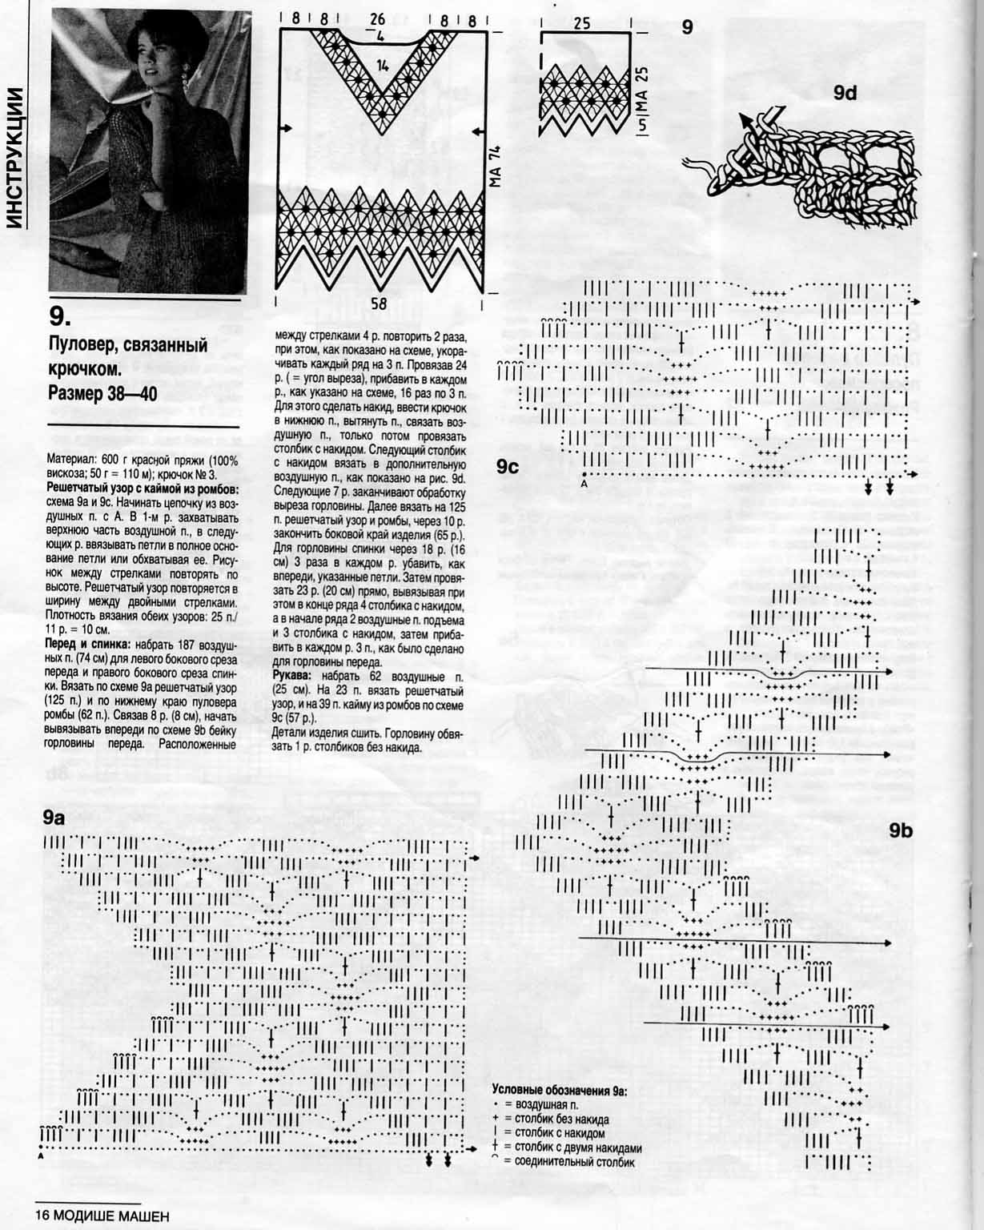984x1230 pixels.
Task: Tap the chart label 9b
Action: click(900, 830)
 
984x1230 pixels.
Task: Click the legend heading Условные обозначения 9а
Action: click(560, 1090)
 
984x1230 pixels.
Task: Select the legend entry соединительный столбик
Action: click(568, 1162)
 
